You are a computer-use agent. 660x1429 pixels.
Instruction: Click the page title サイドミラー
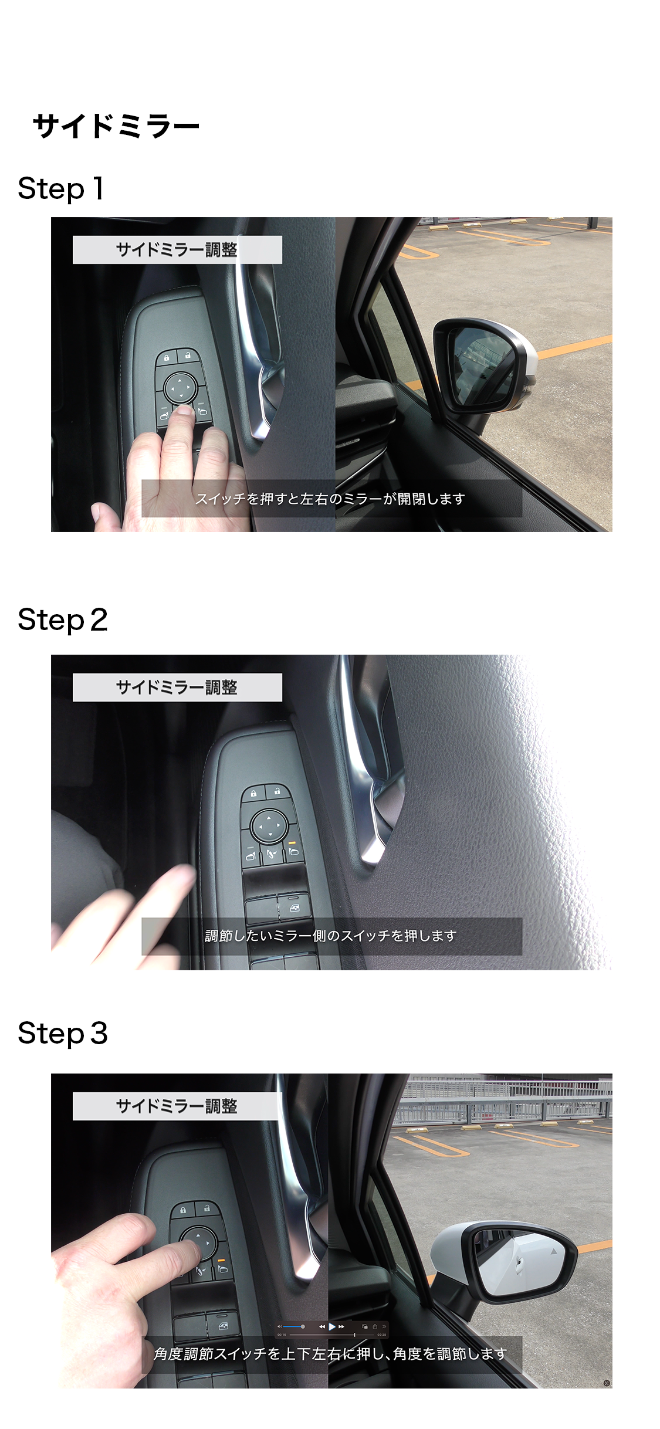click(x=116, y=126)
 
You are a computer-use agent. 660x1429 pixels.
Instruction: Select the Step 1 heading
click(x=61, y=189)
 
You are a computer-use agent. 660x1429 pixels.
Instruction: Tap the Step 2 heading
click(x=63, y=621)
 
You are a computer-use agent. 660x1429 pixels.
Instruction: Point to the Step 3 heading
click(x=63, y=1034)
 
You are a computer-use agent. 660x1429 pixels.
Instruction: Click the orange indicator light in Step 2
click(x=293, y=842)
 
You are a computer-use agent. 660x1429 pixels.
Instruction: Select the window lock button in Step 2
click(x=294, y=907)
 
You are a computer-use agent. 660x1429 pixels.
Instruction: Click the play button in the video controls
click(x=332, y=1326)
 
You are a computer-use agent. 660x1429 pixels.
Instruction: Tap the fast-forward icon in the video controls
click(x=341, y=1326)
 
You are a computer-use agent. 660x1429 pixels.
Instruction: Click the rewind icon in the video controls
click(x=322, y=1326)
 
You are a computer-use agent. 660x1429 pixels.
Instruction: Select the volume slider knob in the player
click(x=303, y=1326)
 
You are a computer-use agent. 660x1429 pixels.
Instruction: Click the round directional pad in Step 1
click(x=180, y=388)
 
